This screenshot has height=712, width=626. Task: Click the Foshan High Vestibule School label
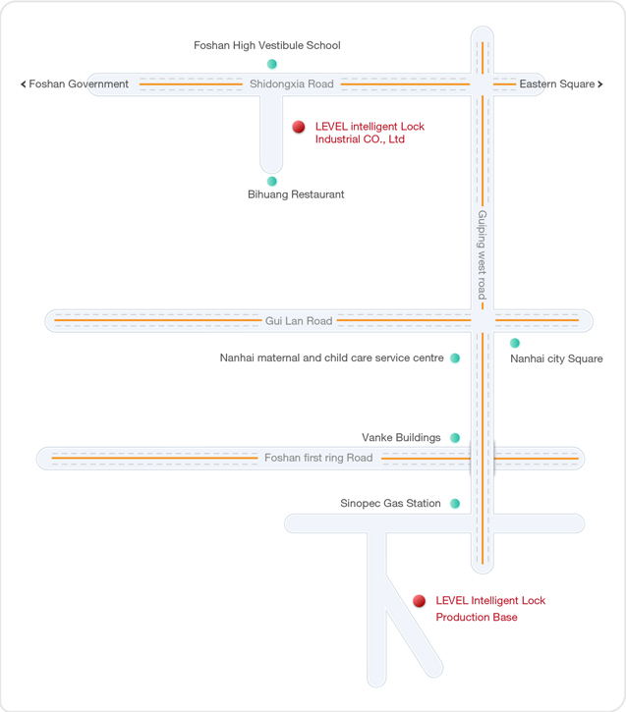[267, 45]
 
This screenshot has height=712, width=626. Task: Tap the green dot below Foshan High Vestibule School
[271, 64]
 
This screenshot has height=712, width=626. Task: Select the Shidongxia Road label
[292, 84]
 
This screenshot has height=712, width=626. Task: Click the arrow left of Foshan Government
[24, 84]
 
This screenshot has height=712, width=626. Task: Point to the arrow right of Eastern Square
[600, 84]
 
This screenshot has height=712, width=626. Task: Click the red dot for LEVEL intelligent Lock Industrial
[299, 127]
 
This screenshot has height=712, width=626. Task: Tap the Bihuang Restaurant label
[296, 194]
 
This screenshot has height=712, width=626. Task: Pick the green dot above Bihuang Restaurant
[271, 181]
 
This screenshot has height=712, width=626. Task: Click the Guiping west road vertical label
[482, 254]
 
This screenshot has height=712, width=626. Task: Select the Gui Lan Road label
[299, 321]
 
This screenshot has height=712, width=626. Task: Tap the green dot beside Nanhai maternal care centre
[455, 357]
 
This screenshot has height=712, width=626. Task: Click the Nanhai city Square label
[556, 358]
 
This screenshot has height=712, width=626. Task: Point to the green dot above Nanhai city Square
[515, 343]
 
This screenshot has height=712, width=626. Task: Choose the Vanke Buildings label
[401, 437]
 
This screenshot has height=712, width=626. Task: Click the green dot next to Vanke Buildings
[455, 438]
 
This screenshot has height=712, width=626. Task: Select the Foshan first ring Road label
[318, 458]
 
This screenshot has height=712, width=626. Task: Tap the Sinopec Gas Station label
[390, 503]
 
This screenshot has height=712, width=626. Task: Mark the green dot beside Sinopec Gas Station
[455, 503]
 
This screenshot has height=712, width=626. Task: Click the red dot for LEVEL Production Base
[420, 601]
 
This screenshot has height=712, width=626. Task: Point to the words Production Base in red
[477, 617]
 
